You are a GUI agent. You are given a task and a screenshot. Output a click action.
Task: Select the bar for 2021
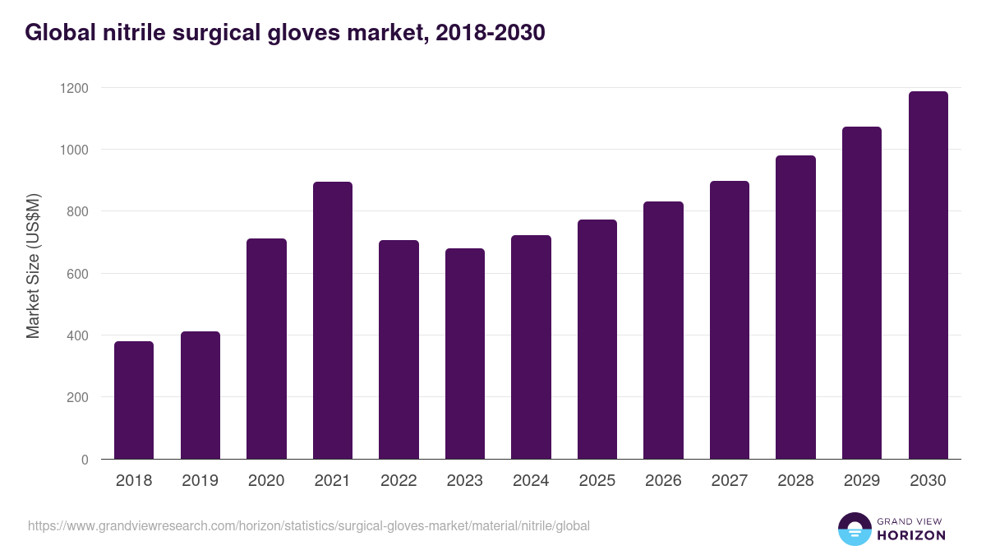[333, 321]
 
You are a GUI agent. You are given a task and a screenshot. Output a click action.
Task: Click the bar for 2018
[134, 400]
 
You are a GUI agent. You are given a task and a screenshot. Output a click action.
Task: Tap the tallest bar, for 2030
[928, 275]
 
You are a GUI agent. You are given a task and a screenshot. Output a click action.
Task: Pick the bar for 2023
[465, 354]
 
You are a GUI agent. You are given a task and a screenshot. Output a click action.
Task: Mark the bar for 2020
[266, 349]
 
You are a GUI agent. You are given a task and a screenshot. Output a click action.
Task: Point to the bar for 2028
[795, 308]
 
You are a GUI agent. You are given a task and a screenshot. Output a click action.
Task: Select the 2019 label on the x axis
[200, 481]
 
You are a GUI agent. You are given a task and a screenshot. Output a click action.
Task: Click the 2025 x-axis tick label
[597, 481]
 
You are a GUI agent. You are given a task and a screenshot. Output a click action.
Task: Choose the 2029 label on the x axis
[862, 481]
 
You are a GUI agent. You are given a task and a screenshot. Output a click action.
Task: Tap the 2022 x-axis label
[399, 481]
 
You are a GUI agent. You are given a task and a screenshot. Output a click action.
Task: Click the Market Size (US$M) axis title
[33, 265]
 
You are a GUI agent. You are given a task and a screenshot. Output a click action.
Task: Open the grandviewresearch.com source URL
[309, 525]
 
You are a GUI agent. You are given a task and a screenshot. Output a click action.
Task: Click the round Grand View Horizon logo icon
[854, 529]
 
